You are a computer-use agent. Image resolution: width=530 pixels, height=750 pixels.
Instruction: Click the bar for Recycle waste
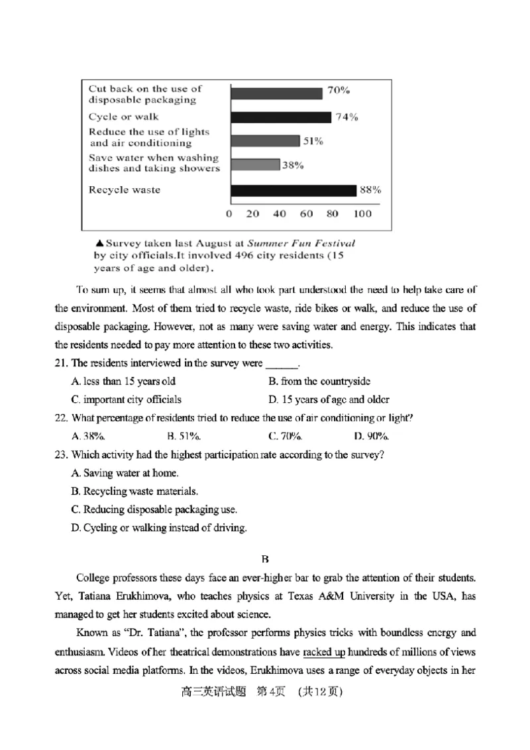tap(293, 191)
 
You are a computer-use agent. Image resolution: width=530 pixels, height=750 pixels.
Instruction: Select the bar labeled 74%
tap(280, 117)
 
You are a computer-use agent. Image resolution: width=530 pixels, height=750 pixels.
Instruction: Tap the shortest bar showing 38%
tap(254, 165)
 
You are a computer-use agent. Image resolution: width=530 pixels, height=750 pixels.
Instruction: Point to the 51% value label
tap(313, 141)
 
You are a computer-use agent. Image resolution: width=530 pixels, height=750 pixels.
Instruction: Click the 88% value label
tap(370, 190)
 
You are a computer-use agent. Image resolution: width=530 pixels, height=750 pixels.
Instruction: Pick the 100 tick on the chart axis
tap(362, 214)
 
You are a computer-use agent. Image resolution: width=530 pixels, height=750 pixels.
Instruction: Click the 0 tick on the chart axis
tap(229, 214)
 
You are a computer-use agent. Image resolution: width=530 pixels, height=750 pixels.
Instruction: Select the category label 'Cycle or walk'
tap(124, 117)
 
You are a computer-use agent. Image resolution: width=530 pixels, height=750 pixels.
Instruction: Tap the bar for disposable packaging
tap(276, 93)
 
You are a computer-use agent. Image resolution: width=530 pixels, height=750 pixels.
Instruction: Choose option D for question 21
tap(329, 400)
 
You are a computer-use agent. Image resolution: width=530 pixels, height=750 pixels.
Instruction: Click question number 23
tap(61, 455)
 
